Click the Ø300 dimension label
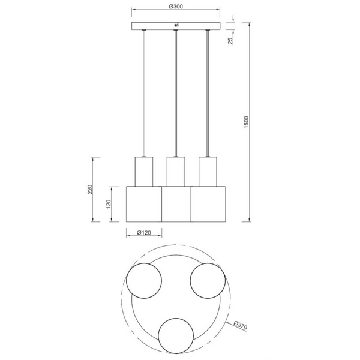pyautogui.click(x=176, y=7)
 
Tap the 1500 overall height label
pyautogui.click(x=246, y=122)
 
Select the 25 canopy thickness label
pyautogui.click(x=230, y=41)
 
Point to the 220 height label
pyautogui.click(x=90, y=190)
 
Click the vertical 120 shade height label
pyautogui.click(x=109, y=204)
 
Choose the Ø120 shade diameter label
pyautogui.click(x=144, y=233)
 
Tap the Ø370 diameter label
pyautogui.click(x=241, y=325)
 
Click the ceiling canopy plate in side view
pyautogui.click(x=176, y=26)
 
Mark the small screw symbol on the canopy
pyautogui.click(x=177, y=25)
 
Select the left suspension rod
pyautogui.click(x=144, y=94)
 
